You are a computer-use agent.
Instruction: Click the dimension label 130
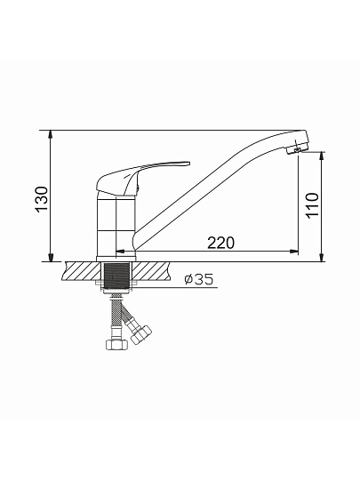pyautogui.click(x=42, y=199)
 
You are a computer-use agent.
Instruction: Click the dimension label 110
pyautogui.click(x=312, y=205)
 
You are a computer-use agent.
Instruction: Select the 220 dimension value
pyautogui.click(x=220, y=243)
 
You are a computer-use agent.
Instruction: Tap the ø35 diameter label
pyautogui.click(x=199, y=279)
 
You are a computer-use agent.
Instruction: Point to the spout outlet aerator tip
pyautogui.click(x=297, y=149)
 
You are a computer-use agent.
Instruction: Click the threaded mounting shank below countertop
pyautogui.click(x=116, y=276)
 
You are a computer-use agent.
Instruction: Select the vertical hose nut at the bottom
pyautogui.click(x=116, y=344)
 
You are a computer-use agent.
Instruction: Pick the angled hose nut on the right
pyautogui.click(x=140, y=333)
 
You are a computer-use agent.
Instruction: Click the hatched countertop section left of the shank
pyautogui.click(x=82, y=271)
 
